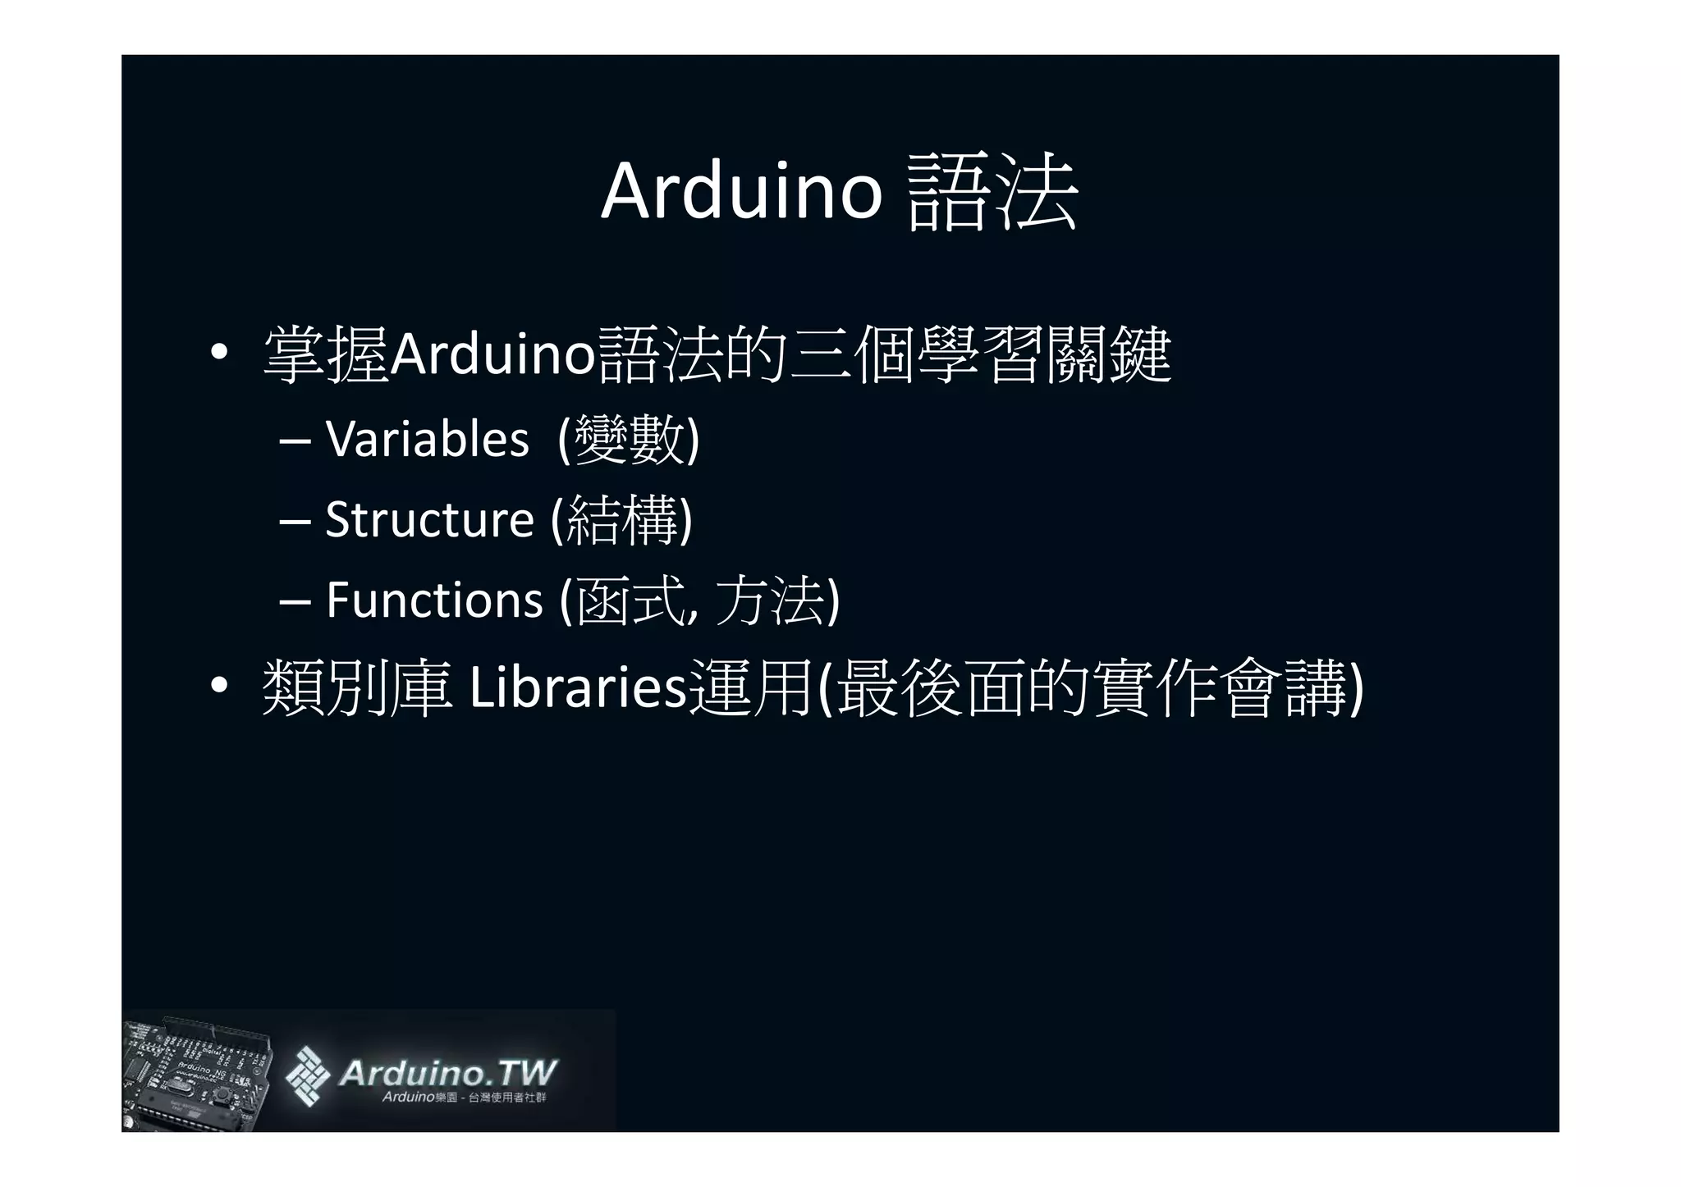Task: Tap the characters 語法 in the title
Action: tap(992, 194)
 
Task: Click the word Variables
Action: tap(427, 439)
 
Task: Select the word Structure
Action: tap(429, 519)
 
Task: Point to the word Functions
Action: tap(434, 600)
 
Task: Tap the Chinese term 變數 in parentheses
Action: tap(629, 439)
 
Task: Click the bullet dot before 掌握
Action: tap(218, 354)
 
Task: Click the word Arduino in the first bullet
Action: tap(492, 355)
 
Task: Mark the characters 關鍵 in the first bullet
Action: tap(1107, 355)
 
